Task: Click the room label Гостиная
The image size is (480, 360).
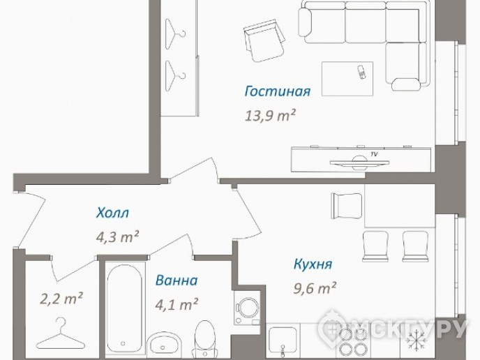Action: pyautogui.click(x=278, y=91)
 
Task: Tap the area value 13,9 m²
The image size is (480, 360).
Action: pyautogui.click(x=270, y=116)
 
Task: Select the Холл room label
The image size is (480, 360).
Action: pyautogui.click(x=112, y=213)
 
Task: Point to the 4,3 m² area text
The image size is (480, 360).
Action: pyautogui.click(x=118, y=237)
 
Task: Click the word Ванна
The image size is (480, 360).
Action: pyautogui.click(x=177, y=280)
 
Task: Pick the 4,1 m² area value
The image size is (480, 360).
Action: pyautogui.click(x=177, y=304)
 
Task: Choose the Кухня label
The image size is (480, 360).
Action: pyautogui.click(x=313, y=264)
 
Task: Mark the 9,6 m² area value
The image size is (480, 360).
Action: pyautogui.click(x=315, y=287)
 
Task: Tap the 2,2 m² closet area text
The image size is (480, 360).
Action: pyautogui.click(x=61, y=299)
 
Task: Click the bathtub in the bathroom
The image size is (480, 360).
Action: pyautogui.click(x=125, y=310)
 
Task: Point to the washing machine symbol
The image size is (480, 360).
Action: pyautogui.click(x=247, y=308)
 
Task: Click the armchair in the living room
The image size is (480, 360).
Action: pyautogui.click(x=265, y=40)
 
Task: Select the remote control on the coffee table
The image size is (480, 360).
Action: pyautogui.click(x=361, y=72)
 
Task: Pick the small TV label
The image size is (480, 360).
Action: pyautogui.click(x=374, y=154)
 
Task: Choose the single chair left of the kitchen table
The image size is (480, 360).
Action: pyautogui.click(x=347, y=206)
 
